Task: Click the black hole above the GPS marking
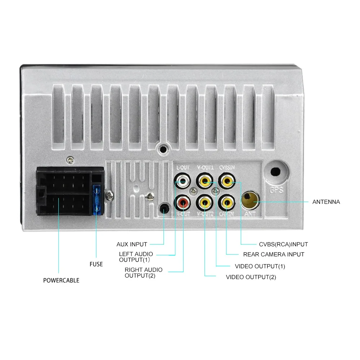pyautogui.click(x=276, y=171)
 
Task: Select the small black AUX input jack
pyautogui.click(x=164, y=208)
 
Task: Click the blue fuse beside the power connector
pyautogui.click(x=96, y=201)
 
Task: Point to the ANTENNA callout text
pyautogui.click(x=326, y=202)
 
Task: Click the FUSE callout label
pyautogui.click(x=96, y=264)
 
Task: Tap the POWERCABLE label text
pyautogui.click(x=61, y=280)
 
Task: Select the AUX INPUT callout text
pyautogui.click(x=132, y=244)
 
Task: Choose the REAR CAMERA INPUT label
pyautogui.click(x=274, y=255)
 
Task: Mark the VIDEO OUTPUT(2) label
pyautogui.click(x=251, y=277)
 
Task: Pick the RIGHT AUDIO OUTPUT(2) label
pyautogui.click(x=143, y=273)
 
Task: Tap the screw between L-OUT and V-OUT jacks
pyautogui.click(x=194, y=191)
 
